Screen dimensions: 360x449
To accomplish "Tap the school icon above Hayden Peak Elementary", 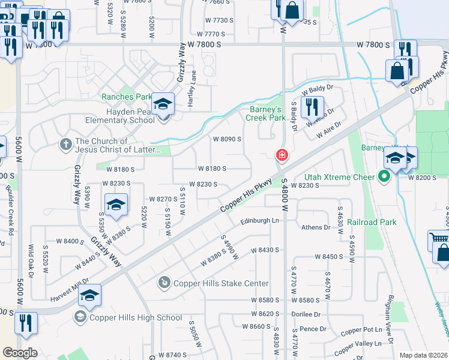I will point(163,104).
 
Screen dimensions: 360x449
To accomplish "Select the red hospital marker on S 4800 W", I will point(281,155).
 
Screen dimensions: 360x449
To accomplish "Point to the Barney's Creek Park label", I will point(265,113).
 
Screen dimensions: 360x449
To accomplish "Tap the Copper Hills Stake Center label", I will point(221,283).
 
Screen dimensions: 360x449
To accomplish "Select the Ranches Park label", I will point(127,97).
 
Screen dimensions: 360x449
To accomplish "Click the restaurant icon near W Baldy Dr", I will point(312,107).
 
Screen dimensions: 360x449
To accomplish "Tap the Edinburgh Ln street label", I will point(260,221).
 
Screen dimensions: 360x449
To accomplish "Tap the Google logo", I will point(20,353).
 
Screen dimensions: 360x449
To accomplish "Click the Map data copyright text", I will point(424,355).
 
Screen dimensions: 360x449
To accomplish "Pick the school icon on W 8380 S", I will point(116,204).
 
